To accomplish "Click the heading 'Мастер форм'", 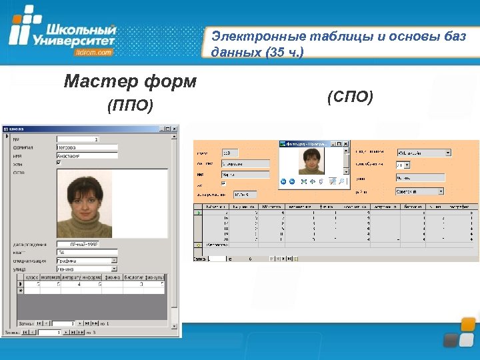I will point(130,82).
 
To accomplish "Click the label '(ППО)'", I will point(130,105).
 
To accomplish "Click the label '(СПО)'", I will point(350,97).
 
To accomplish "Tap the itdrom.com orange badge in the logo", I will point(94,52).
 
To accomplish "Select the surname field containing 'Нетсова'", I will point(87,147).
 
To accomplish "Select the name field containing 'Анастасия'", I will point(87,155).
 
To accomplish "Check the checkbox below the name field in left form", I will point(59,163).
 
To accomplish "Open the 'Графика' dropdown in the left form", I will point(114,260).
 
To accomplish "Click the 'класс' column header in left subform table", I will point(32,277).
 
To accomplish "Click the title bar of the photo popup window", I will point(307,143).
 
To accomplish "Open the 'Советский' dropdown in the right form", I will point(440,191).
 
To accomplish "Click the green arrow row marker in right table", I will point(198,213).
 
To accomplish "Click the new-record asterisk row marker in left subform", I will point(20,291).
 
